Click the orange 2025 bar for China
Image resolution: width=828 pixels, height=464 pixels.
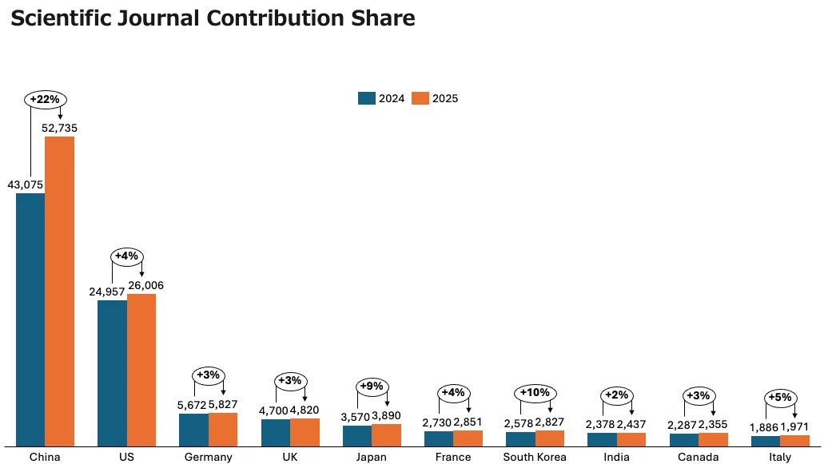click(59, 291)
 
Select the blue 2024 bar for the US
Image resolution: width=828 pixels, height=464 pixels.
click(112, 373)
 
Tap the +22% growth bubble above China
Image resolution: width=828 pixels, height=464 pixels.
click(46, 99)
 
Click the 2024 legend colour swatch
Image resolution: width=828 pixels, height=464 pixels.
click(367, 98)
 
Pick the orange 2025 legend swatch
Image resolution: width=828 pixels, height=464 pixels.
click(420, 98)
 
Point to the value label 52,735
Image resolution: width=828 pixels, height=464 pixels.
click(60, 128)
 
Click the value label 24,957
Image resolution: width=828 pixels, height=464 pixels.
click(106, 291)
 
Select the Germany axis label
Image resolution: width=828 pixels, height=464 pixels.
click(208, 457)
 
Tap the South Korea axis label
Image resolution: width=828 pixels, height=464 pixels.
click(535, 457)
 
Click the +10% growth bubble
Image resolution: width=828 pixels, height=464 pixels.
click(535, 393)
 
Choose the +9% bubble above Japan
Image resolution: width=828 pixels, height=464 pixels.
click(372, 387)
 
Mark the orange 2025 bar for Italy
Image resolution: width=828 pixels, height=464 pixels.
click(794, 441)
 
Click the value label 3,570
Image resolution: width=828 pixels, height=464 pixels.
click(356, 417)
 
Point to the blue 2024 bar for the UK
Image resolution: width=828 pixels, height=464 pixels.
click(276, 433)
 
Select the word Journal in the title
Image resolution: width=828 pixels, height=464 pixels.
click(159, 18)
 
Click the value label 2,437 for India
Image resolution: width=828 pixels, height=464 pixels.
click(631, 424)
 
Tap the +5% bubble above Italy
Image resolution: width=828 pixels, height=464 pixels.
click(780, 398)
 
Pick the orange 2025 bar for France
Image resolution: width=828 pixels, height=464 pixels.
click(468, 438)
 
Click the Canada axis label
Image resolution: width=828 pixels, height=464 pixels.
click(698, 457)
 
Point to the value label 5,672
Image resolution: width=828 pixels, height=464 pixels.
click(192, 405)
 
